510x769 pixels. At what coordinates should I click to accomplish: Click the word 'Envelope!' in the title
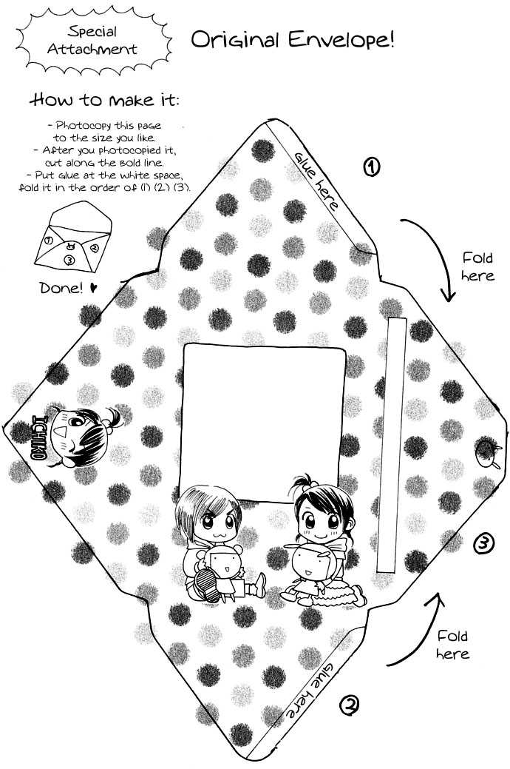(x=341, y=40)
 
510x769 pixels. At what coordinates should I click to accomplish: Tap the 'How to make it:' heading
(x=104, y=100)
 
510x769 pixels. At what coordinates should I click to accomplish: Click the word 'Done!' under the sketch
(x=61, y=287)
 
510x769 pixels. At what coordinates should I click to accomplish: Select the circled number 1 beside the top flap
(x=371, y=168)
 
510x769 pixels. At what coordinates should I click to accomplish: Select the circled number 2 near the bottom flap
(x=350, y=705)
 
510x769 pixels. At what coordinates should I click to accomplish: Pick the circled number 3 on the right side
(x=484, y=543)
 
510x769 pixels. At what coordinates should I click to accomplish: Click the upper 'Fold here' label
(x=477, y=266)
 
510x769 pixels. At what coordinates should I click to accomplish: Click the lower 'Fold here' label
(x=452, y=645)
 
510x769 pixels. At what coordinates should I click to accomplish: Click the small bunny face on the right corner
(x=487, y=452)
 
